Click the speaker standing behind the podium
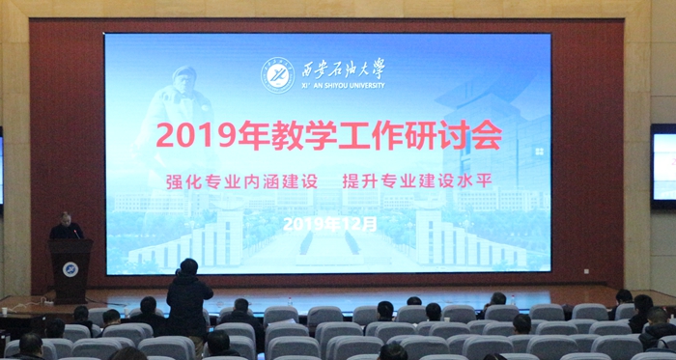click(66, 228)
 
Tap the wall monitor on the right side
click(663, 166)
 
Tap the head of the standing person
click(189, 266)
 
